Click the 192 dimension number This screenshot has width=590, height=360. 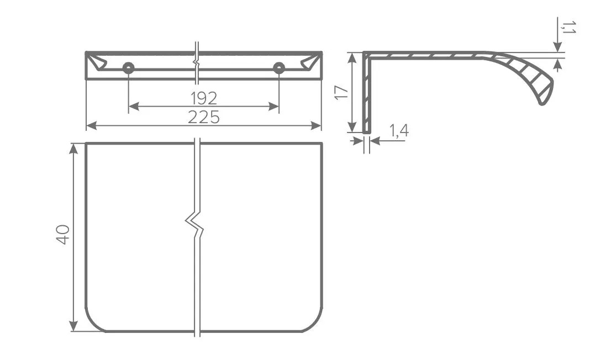point(204,98)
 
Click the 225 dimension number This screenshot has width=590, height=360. point(203,118)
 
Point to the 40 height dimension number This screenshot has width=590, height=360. point(62,235)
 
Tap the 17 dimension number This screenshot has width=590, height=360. point(341,93)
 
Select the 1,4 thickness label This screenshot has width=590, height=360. point(399,130)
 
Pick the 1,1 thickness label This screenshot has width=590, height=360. point(568,27)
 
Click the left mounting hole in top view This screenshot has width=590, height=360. point(129,68)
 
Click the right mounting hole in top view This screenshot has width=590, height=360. point(279,68)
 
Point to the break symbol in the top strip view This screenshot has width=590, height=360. point(196,61)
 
